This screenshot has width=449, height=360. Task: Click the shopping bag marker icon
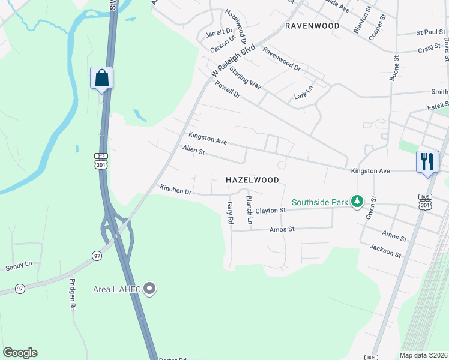(x=101, y=78)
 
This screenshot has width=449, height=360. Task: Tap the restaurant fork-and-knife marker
(x=427, y=162)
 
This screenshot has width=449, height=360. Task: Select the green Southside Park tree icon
(x=357, y=200)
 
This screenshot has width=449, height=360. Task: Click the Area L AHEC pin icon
(x=150, y=289)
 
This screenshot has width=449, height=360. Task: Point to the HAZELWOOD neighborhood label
(x=252, y=180)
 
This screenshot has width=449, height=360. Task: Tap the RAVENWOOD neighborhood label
(x=312, y=26)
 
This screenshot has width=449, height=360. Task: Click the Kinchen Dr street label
(x=175, y=190)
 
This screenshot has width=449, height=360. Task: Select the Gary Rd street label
(x=230, y=213)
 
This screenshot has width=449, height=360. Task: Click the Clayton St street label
(x=270, y=211)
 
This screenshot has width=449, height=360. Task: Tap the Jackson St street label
(x=385, y=251)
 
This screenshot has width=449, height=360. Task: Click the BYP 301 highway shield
(x=101, y=160)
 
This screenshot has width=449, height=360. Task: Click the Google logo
(x=20, y=353)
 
